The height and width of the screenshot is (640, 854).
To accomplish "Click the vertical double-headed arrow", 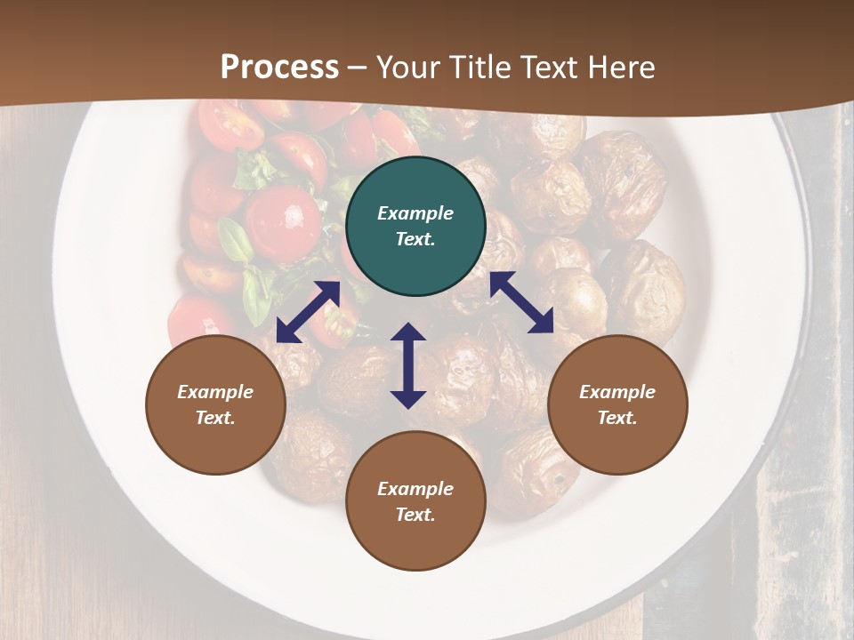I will tap(408, 365).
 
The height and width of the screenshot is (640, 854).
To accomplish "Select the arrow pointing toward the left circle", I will tap(308, 312).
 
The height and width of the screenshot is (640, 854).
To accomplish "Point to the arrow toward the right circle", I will tap(522, 302).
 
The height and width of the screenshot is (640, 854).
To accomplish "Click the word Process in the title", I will tap(279, 68).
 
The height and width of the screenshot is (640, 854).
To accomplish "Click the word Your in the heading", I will tap(409, 68).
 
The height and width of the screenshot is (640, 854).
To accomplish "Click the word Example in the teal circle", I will tap(415, 213).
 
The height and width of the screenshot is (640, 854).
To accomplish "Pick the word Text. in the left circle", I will tap(215, 418).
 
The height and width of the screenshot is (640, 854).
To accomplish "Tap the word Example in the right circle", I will tap(617, 392).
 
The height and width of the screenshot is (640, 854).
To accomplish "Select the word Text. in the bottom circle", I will tap(415, 515).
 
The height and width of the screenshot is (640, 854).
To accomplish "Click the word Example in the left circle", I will tap(215, 392).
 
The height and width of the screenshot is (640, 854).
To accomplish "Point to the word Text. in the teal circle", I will tap(415, 239).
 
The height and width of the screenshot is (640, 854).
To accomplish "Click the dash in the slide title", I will tap(358, 68).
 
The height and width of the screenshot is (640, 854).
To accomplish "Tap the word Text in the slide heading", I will tap(544, 68).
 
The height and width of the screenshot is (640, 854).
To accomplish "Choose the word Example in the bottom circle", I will tap(415, 489).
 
